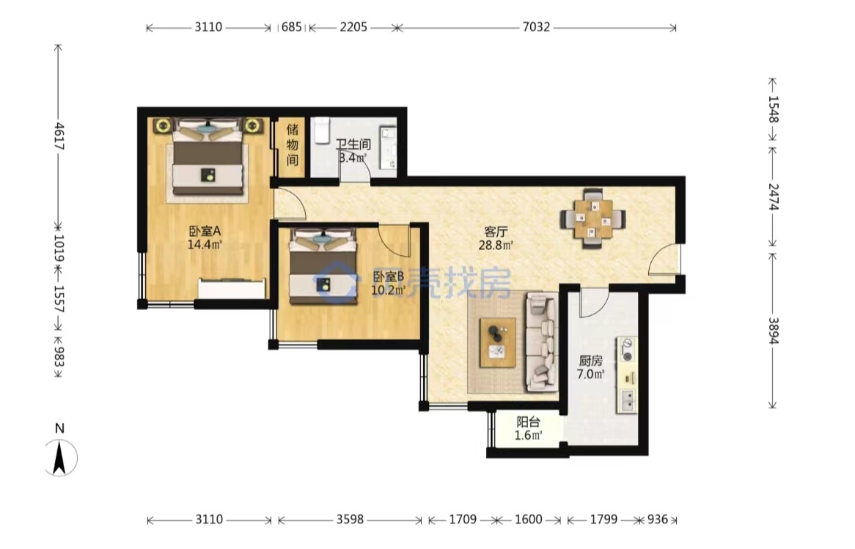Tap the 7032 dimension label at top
536,27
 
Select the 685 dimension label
292,27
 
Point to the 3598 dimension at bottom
350,520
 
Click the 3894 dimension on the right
773,331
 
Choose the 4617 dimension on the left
59,136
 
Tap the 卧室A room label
205,231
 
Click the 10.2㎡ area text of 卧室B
388,290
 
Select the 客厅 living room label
496,232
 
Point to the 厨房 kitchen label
590,361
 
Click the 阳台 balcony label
529,422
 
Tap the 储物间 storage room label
293,144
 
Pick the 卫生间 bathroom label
353,144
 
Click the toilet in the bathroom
323,130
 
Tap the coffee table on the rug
497,342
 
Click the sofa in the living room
542,342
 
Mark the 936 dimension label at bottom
657,520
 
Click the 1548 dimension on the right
773,109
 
